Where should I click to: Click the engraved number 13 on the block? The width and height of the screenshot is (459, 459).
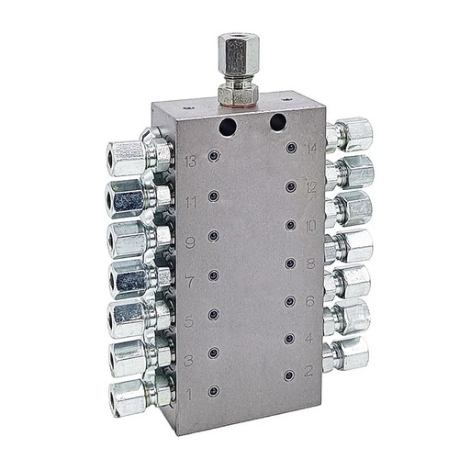(x=190, y=162)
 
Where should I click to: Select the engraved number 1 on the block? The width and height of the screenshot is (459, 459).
(x=189, y=395)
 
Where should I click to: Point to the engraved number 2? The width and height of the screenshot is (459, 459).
(x=308, y=372)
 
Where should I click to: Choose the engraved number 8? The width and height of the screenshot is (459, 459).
(x=309, y=263)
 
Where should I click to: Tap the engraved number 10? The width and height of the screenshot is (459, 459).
(x=310, y=225)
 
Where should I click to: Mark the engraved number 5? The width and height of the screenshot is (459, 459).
(x=188, y=320)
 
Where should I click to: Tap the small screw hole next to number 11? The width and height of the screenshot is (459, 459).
(x=213, y=196)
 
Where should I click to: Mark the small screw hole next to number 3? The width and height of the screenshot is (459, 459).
(x=213, y=353)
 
